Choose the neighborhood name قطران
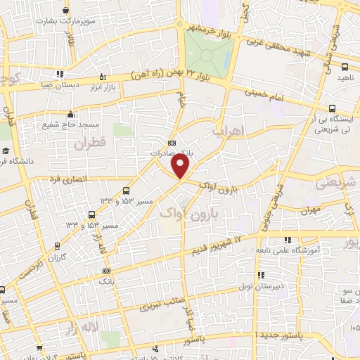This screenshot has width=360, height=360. tap(87, 143)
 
